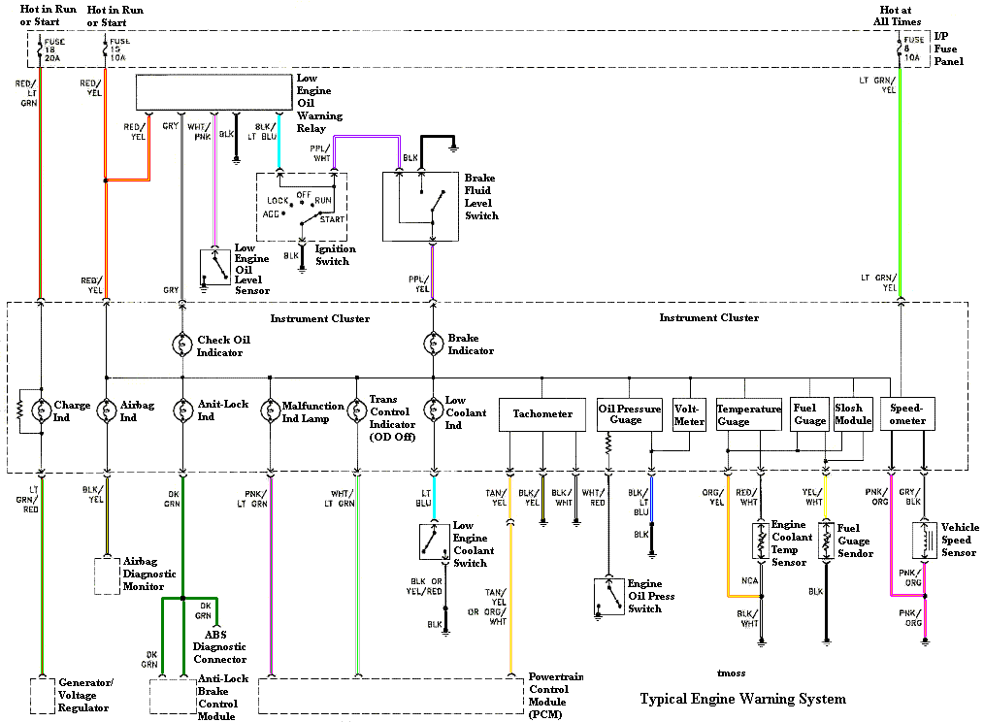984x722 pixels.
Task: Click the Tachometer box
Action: tap(542, 414)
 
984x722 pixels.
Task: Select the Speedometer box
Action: tap(908, 414)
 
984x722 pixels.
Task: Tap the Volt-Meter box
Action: tap(689, 414)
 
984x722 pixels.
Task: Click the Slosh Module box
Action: tap(853, 414)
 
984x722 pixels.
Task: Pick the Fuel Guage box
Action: tap(810, 414)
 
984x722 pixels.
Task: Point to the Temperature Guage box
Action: tap(748, 414)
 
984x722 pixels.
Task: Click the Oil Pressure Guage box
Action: tap(629, 414)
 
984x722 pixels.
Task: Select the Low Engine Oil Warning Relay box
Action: tap(213, 92)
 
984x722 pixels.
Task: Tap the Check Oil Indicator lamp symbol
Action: tap(180, 344)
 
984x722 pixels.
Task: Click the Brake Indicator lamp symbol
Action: tap(432, 344)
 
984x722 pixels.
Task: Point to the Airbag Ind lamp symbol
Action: tap(105, 411)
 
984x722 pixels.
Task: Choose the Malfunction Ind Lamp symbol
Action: tap(269, 411)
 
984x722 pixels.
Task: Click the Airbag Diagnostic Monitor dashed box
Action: tap(106, 575)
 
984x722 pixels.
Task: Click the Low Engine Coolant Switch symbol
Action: tap(434, 542)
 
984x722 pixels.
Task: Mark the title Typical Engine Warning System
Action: tap(742, 699)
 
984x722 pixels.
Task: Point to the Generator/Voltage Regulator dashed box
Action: tap(42, 696)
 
